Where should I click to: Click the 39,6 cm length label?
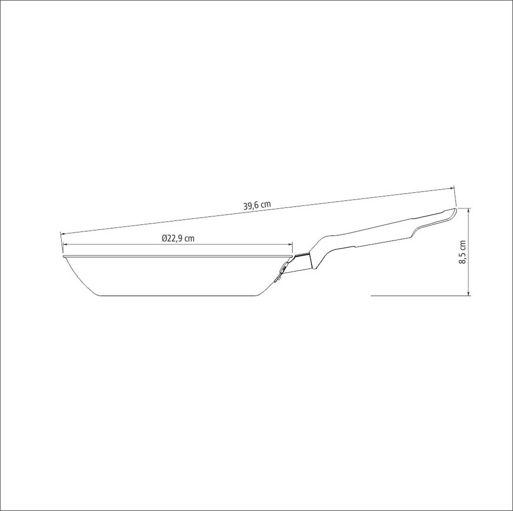click(257, 206)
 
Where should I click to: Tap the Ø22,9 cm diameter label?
click(178, 238)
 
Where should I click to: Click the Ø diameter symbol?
click(164, 238)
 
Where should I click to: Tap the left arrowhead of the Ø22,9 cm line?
click(65, 244)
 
